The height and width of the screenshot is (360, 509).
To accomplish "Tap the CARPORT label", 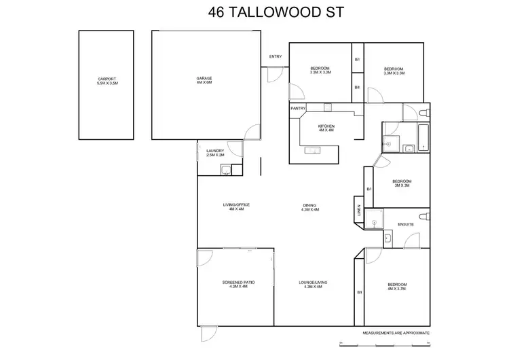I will pyautogui.click(x=107, y=81).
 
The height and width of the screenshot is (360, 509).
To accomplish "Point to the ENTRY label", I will pyautogui.click(x=275, y=56).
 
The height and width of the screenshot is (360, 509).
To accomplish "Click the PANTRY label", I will pyautogui.click(x=298, y=108).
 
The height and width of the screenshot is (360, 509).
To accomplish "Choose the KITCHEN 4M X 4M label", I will pyautogui.click(x=326, y=129).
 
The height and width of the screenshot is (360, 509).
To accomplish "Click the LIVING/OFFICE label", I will pyautogui.click(x=236, y=206).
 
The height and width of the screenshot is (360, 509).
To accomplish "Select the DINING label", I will pyautogui.click(x=309, y=207).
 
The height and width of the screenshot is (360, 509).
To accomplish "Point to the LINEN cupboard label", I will pyautogui.click(x=358, y=211).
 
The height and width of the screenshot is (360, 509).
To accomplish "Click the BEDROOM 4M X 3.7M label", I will pyautogui.click(x=397, y=286).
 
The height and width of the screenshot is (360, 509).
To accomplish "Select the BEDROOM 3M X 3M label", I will pyautogui.click(x=402, y=183).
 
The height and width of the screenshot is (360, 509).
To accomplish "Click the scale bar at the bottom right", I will pyautogui.click(x=384, y=342).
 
